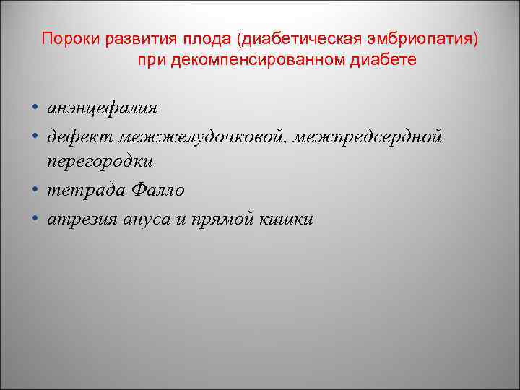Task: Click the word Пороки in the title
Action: click(69, 38)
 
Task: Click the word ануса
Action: click(145, 219)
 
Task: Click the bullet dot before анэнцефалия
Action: click(35, 108)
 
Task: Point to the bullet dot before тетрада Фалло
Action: click(35, 191)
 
